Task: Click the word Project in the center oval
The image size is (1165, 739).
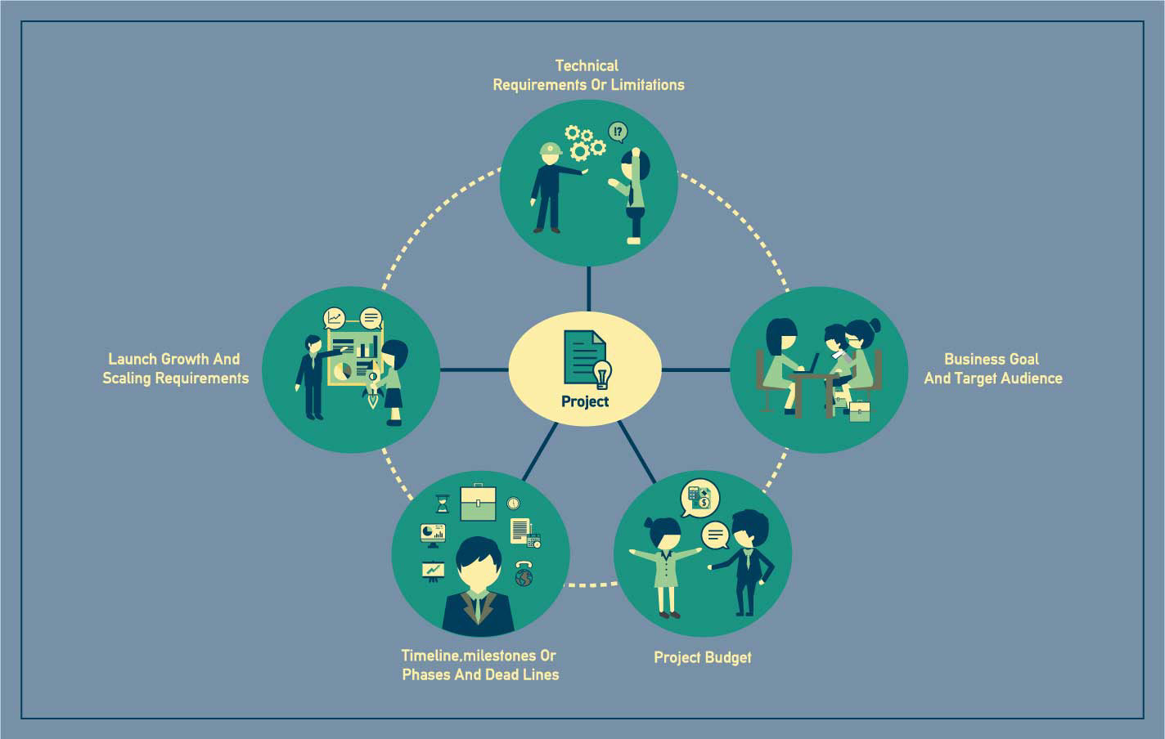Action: pyautogui.click(x=585, y=401)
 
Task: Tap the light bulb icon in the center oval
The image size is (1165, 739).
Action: pyautogui.click(x=602, y=374)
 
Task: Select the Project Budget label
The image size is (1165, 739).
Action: pyautogui.click(x=702, y=657)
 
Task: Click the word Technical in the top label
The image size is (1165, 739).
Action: pyautogui.click(x=587, y=65)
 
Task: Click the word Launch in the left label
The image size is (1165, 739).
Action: pyautogui.click(x=133, y=359)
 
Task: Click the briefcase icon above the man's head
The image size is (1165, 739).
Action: pyautogui.click(x=478, y=502)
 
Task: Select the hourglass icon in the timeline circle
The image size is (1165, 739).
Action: pyautogui.click(x=443, y=503)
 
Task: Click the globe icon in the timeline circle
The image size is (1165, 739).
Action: pyautogui.click(x=524, y=577)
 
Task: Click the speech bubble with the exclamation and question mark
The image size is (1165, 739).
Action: pyautogui.click(x=618, y=132)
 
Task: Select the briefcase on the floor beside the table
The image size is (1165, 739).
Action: pyautogui.click(x=859, y=411)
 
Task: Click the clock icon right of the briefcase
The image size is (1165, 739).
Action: pyautogui.click(x=513, y=503)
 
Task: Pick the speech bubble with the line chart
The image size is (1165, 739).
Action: pyautogui.click(x=334, y=317)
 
